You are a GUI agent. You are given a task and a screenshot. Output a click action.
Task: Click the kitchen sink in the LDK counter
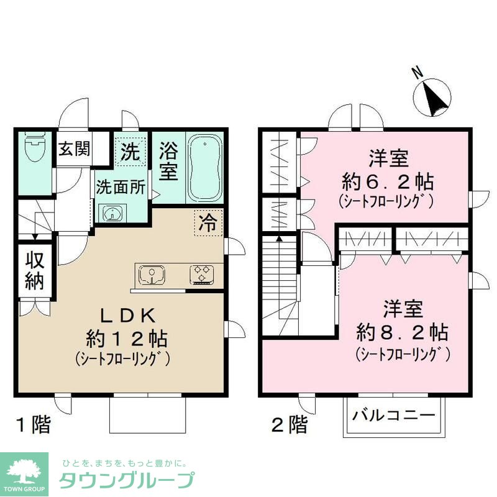point(151,273)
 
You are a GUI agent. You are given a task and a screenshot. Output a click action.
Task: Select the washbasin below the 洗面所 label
point(112,214)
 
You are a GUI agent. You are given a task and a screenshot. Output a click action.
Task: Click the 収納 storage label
point(35,271)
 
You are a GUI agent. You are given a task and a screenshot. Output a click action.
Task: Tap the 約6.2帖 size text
point(387,182)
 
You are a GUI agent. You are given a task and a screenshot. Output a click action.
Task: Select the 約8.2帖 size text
point(402,331)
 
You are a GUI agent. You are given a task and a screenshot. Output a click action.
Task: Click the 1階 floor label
point(32,426)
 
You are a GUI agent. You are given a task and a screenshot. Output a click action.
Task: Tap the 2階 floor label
point(290,426)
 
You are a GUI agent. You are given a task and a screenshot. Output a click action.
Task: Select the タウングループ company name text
point(126,481)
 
